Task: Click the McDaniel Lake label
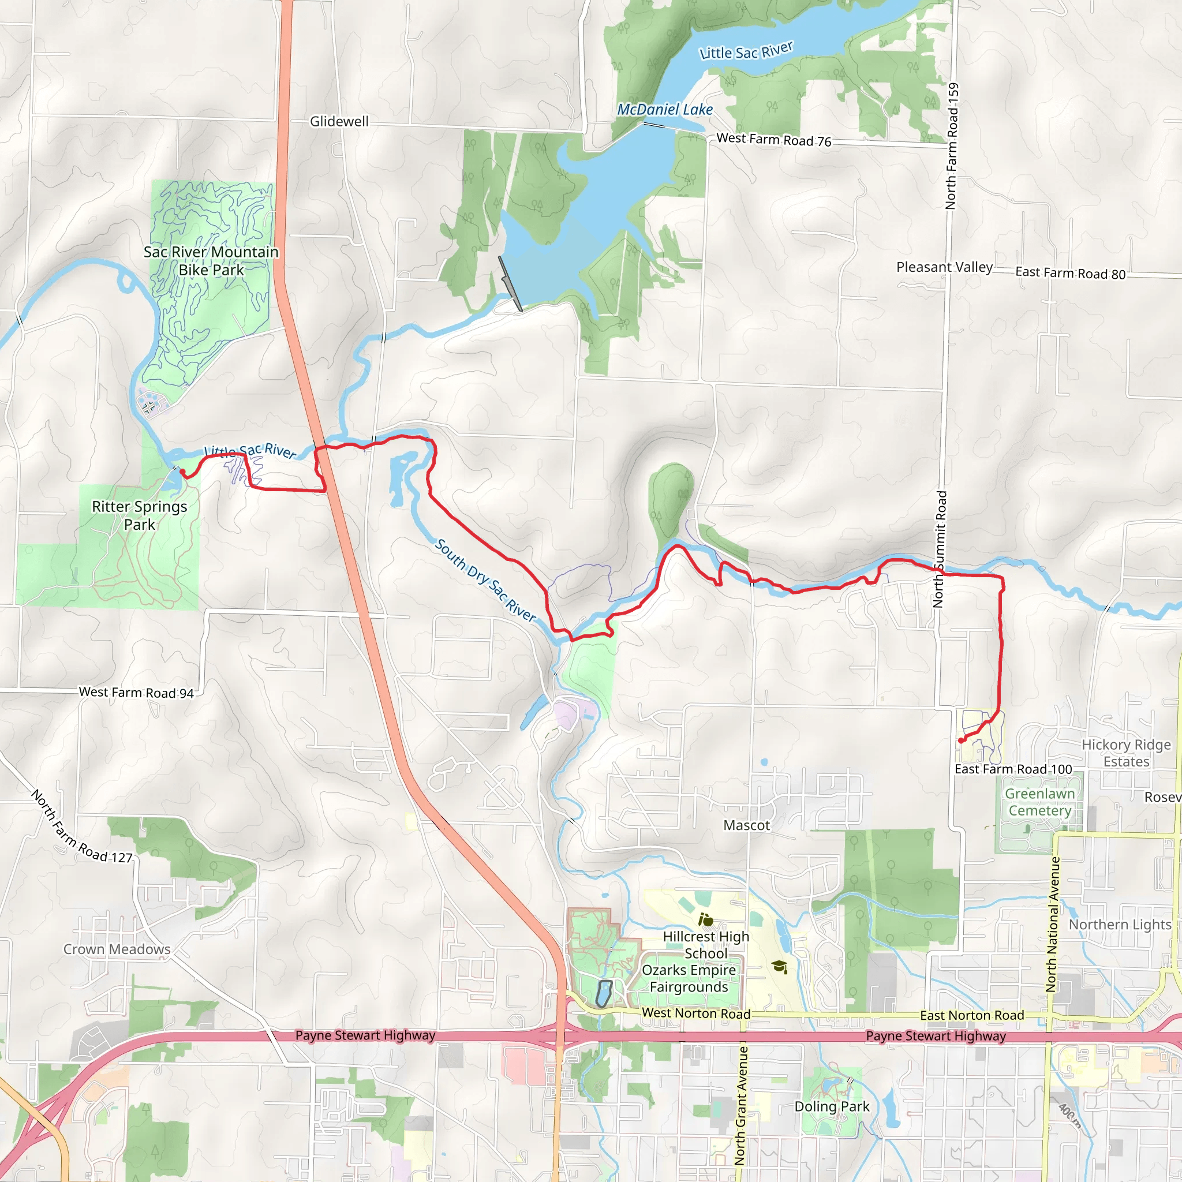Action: pyautogui.click(x=664, y=110)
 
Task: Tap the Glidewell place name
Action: pyautogui.click(x=339, y=121)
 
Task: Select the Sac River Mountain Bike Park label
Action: pyautogui.click(x=211, y=261)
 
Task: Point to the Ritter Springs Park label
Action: pyautogui.click(x=140, y=515)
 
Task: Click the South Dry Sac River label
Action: pyautogui.click(x=485, y=580)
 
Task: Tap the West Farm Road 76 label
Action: pyautogui.click(x=773, y=140)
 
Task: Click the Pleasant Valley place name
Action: pyautogui.click(x=944, y=267)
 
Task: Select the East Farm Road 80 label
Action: pyautogui.click(x=1070, y=273)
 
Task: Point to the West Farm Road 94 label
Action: pyautogui.click(x=136, y=693)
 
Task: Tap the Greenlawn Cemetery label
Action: pyautogui.click(x=1039, y=802)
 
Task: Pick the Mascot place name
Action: pyautogui.click(x=746, y=825)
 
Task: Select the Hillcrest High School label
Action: pyautogui.click(x=705, y=945)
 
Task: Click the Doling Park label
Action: pyautogui.click(x=832, y=1106)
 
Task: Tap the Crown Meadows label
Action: pyautogui.click(x=117, y=949)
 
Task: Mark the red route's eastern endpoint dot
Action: pyautogui.click(x=961, y=740)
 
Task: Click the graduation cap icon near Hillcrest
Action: pyautogui.click(x=779, y=967)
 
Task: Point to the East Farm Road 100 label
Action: pyautogui.click(x=1013, y=769)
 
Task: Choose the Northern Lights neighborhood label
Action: pyautogui.click(x=1120, y=925)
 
